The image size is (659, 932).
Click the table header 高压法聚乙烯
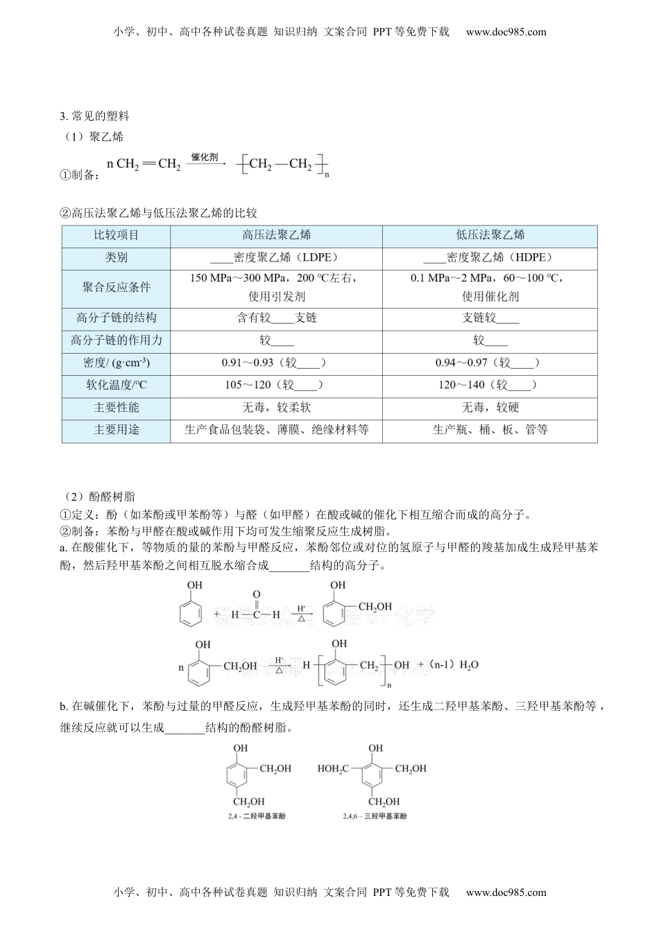[x=276, y=235]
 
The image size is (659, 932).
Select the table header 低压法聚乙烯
[x=490, y=235]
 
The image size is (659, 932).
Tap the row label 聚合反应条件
[x=116, y=287]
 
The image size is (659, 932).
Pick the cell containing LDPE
[x=276, y=257]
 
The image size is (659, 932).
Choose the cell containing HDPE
[x=490, y=257]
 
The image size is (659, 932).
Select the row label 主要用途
[x=116, y=429]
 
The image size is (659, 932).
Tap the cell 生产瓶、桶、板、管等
[x=490, y=429]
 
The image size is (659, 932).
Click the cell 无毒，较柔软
[x=276, y=407]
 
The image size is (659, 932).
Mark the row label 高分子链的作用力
[x=116, y=340]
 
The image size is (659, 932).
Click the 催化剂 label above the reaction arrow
[x=205, y=157]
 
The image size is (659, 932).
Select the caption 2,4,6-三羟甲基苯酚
[x=375, y=816]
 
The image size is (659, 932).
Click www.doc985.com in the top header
[x=506, y=31]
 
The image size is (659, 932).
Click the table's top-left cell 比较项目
[x=116, y=235]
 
